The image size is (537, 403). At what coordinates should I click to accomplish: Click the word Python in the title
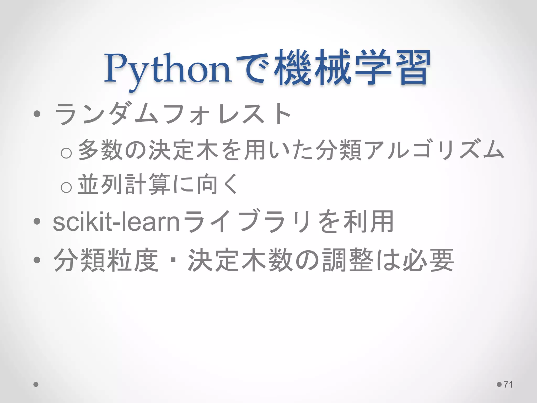(168, 69)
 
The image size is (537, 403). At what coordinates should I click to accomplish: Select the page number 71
(508, 384)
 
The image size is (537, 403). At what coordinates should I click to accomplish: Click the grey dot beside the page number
(499, 384)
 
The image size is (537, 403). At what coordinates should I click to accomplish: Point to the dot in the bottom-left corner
(36, 384)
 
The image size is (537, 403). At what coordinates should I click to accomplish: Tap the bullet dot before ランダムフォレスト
(37, 114)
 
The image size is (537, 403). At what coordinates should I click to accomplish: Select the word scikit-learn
(116, 222)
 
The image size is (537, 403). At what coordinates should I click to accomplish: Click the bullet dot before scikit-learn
(37, 222)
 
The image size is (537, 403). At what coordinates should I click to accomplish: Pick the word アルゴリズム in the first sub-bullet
(434, 150)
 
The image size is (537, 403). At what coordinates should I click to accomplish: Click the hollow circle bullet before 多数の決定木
(66, 153)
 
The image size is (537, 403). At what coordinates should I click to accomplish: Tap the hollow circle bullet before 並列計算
(66, 187)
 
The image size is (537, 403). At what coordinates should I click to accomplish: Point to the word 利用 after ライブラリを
(368, 222)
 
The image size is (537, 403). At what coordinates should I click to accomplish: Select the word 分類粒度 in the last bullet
(106, 260)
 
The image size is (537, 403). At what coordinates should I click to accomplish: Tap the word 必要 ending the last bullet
(428, 260)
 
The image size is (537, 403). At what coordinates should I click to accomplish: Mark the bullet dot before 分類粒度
(37, 260)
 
